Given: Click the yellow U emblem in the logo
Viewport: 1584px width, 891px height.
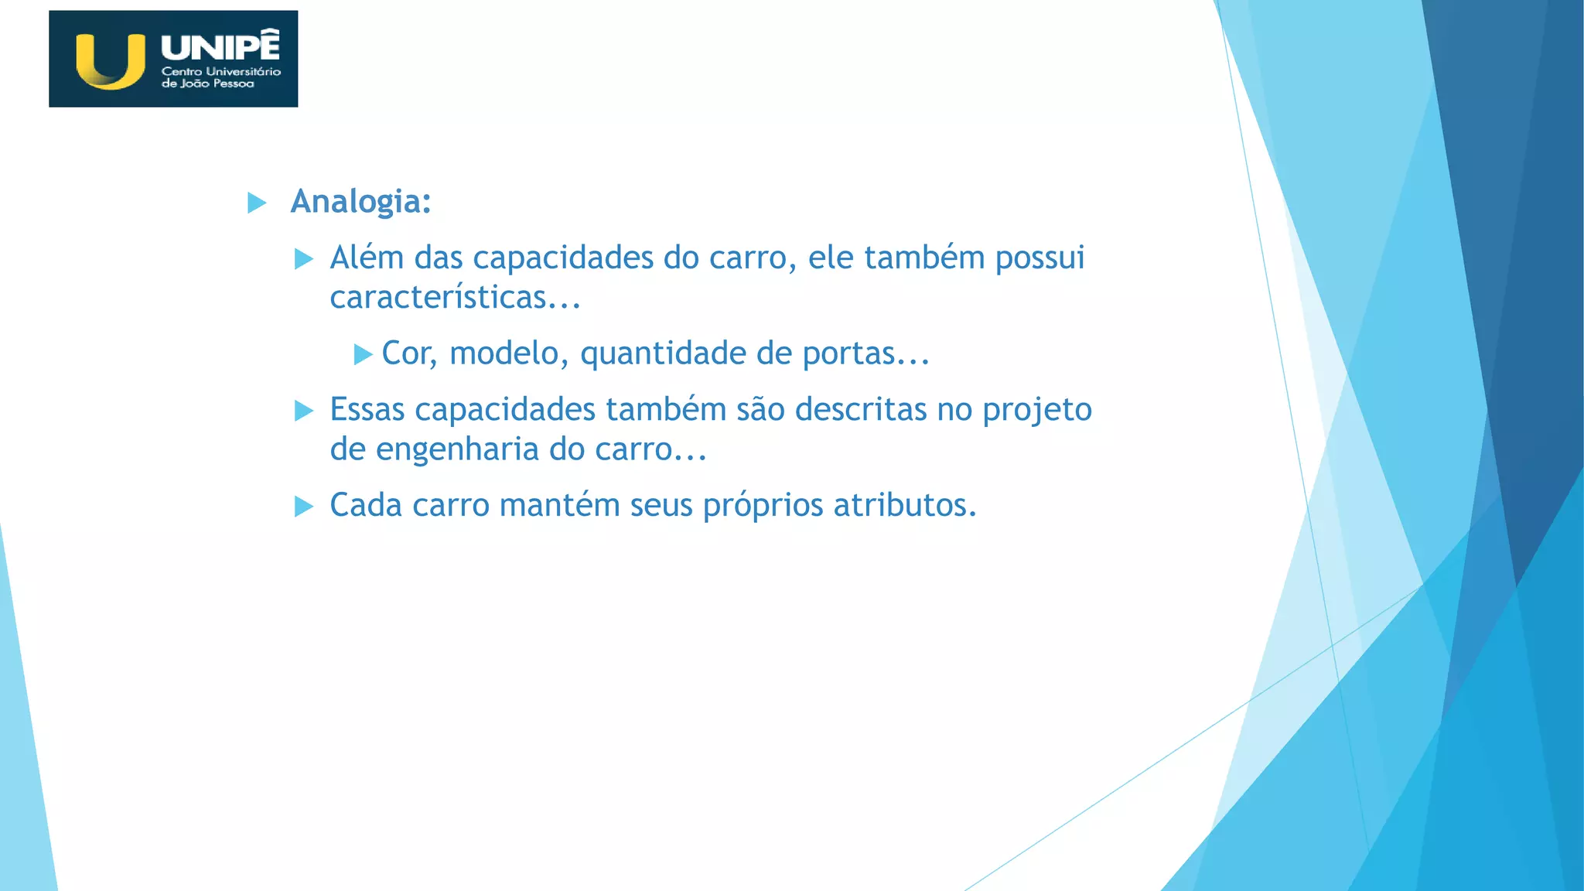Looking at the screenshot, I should coord(111,61).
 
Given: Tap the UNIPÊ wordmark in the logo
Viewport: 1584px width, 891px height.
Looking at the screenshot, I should coord(220,46).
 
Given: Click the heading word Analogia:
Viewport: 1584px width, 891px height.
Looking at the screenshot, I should coord(360,202).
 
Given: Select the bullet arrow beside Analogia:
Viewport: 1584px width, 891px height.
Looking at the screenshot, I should coord(257,203).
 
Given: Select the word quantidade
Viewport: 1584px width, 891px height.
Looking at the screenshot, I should coord(663,354).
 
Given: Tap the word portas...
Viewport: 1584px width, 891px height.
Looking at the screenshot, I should coord(848,354).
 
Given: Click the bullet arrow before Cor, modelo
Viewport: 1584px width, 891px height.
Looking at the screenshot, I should coord(363,355).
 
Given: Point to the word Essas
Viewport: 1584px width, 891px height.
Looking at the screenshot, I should coord(367,410).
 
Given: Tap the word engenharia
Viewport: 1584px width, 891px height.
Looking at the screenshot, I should coord(457,449).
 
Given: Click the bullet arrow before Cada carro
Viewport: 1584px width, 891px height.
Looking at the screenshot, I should coord(304,507).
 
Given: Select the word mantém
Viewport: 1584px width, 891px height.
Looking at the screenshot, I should coord(560,506).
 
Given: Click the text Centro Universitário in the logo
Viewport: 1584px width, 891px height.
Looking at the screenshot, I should coord(221,71).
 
